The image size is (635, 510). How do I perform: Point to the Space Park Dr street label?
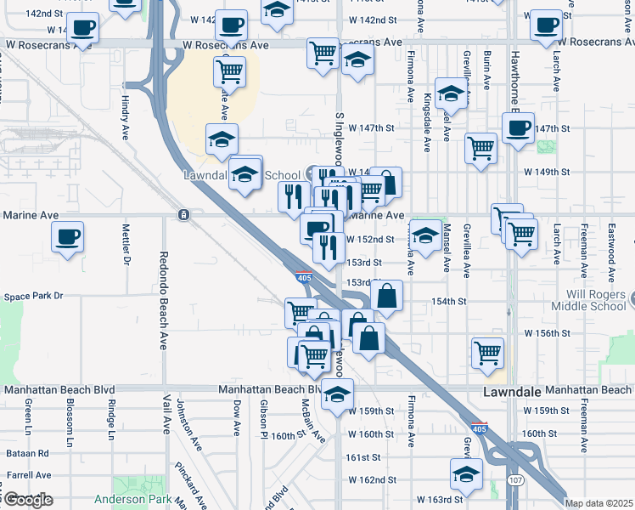point(34,297)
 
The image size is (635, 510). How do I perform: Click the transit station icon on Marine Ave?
point(183,215)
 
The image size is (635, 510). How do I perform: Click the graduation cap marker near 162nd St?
point(466,474)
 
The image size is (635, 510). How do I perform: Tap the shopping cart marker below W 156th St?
point(487,352)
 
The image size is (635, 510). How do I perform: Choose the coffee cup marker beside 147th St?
point(517,129)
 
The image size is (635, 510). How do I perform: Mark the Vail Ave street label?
point(167,411)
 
